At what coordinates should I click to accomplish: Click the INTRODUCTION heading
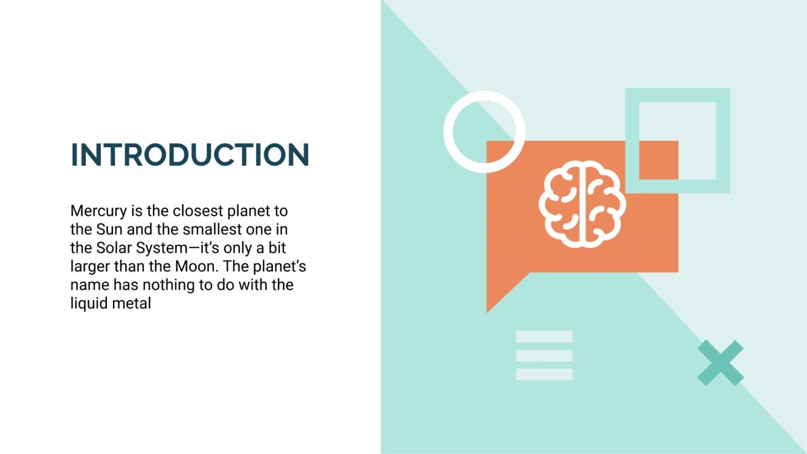[x=190, y=155]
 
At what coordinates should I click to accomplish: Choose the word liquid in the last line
[x=89, y=303]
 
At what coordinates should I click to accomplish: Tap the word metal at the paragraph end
[x=132, y=303]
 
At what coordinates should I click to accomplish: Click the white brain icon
[x=582, y=203]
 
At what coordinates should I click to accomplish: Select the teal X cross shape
[x=720, y=362]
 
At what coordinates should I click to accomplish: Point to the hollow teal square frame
[x=723, y=140]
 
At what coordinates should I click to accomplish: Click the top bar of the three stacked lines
[x=544, y=337]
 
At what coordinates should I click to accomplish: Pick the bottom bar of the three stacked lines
[x=544, y=374]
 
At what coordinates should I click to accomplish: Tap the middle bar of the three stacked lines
[x=544, y=356]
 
